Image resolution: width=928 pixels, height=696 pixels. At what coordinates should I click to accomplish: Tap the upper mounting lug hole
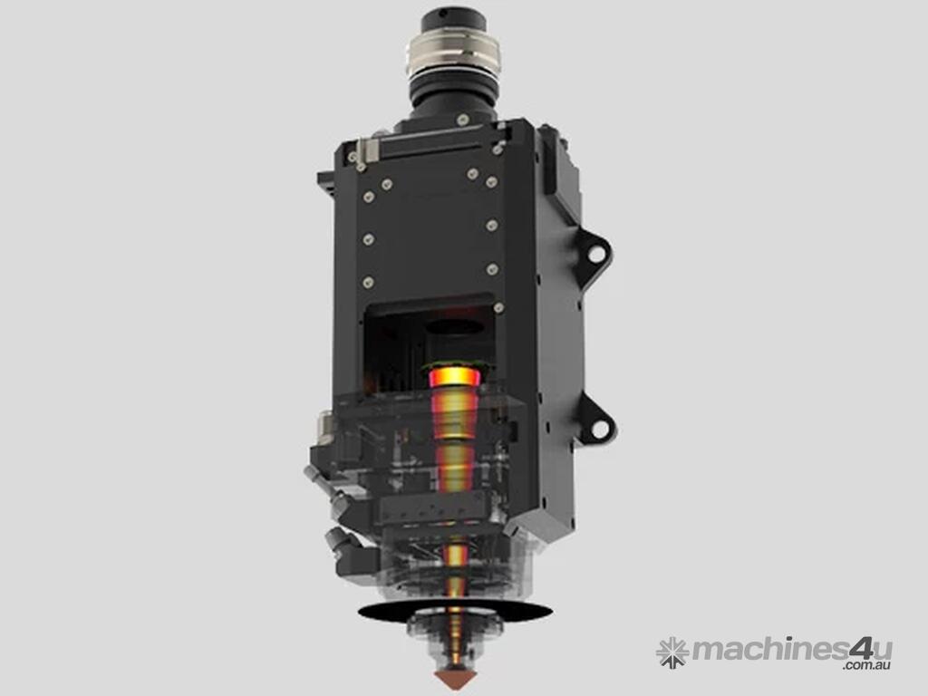coord(596,254)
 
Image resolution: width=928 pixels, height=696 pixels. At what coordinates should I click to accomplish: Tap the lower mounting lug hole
coord(600,429)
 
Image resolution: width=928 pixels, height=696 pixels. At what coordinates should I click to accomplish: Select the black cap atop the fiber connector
coord(453,20)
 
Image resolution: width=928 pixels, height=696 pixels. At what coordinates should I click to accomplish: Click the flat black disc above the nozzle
coord(455,611)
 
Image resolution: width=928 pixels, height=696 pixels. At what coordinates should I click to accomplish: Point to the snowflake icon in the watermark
coord(672,652)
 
